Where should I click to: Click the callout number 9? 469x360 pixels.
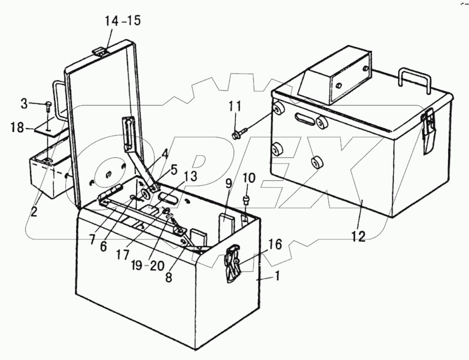coord(228,183)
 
